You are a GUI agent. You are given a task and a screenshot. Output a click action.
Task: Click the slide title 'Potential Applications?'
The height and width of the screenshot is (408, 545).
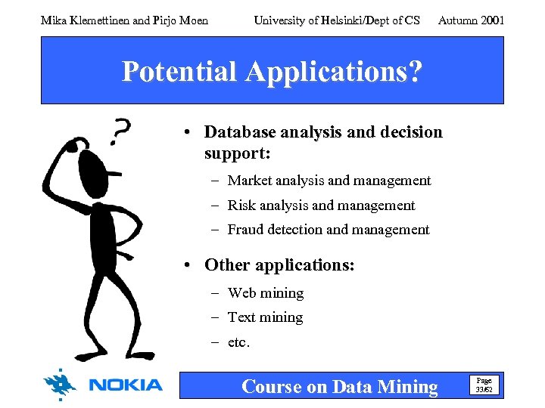[272, 72]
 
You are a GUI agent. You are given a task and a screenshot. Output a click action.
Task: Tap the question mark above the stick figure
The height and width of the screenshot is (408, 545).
[119, 131]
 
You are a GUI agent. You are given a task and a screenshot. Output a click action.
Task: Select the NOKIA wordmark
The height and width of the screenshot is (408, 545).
[126, 385]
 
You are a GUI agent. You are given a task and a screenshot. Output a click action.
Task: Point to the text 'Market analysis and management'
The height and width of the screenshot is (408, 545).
[329, 181]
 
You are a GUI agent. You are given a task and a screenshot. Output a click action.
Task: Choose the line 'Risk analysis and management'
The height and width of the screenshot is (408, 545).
[321, 206]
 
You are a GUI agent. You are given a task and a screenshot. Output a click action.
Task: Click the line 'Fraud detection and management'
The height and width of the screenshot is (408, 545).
[328, 230]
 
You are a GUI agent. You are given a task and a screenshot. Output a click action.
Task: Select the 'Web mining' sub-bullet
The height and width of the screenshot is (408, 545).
[265, 293]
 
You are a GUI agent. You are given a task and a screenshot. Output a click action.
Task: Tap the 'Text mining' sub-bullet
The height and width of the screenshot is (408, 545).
[265, 317]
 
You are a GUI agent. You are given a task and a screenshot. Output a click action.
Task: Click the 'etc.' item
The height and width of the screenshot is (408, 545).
[238, 342]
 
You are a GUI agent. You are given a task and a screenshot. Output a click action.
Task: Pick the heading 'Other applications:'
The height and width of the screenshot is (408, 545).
[279, 265]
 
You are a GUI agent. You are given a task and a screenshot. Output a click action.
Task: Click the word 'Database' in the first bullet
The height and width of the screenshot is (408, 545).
[241, 132]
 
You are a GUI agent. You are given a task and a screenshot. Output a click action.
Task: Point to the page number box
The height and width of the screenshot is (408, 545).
[483, 385]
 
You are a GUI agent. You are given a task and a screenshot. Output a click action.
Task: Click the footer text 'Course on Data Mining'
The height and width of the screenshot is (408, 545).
[339, 387]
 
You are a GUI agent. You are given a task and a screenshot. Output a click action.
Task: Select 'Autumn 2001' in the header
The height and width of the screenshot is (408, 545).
[471, 20]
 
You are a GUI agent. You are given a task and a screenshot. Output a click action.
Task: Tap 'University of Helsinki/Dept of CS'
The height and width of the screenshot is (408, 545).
[337, 20]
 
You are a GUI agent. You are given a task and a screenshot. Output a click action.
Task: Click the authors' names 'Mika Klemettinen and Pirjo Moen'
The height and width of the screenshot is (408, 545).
[124, 20]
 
